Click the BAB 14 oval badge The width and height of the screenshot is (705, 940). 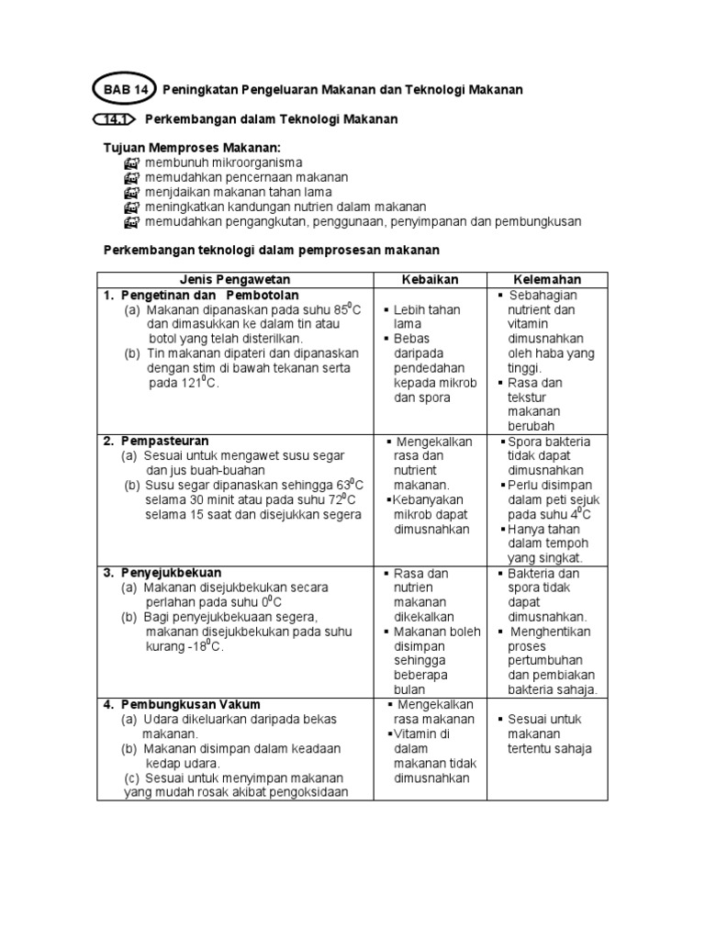tap(125, 90)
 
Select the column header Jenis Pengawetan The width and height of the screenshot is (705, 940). tap(234, 279)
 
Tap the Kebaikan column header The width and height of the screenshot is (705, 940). tap(430, 279)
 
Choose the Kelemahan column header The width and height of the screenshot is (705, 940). tap(547, 279)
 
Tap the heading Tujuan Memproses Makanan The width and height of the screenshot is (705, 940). tap(192, 148)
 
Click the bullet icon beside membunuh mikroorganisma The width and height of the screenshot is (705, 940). tap(130, 162)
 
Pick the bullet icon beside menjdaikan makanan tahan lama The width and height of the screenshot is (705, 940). tap(130, 192)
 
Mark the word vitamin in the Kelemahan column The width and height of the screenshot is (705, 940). tap(530, 324)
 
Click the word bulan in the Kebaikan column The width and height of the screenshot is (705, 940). tap(410, 690)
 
